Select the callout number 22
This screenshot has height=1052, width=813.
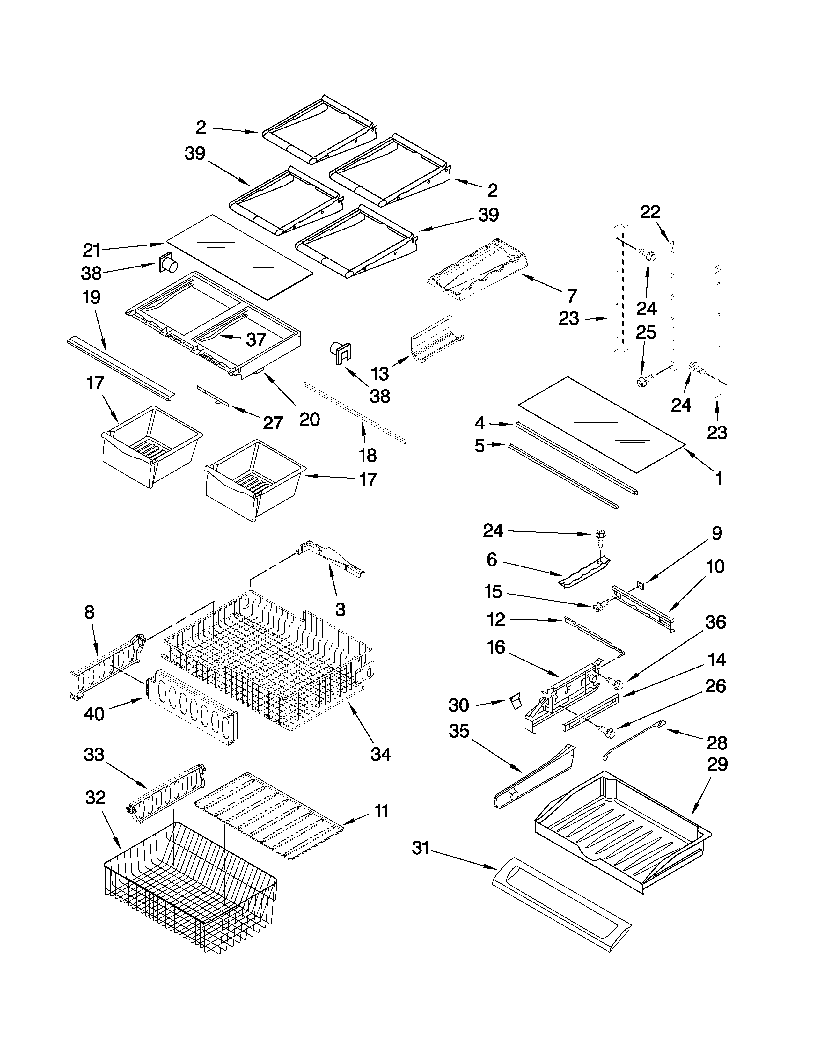(x=650, y=212)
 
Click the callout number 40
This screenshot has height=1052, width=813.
(x=94, y=713)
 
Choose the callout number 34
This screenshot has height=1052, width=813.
(x=380, y=754)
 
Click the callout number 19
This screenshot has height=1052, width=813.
(x=92, y=297)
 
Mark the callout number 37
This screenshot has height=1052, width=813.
(x=256, y=340)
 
